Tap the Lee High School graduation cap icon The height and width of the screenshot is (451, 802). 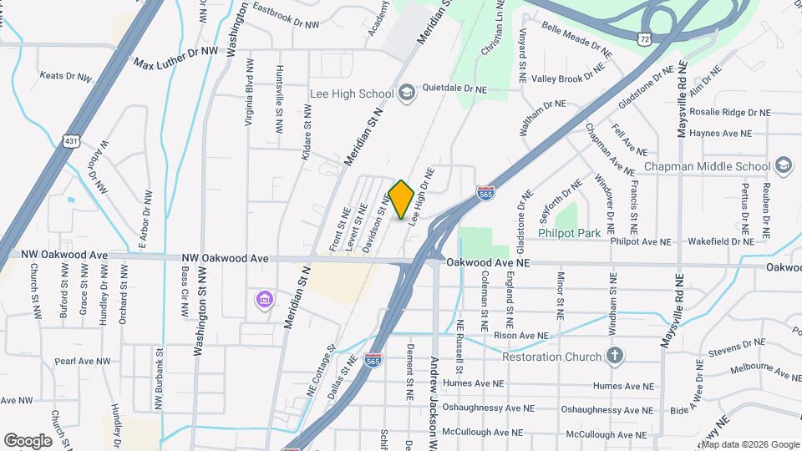point(407,92)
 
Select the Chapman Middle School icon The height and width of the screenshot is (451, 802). point(783,165)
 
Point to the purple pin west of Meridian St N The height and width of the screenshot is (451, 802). point(264,299)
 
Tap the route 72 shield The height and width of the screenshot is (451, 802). point(642,39)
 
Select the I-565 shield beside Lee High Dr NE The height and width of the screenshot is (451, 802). point(485,194)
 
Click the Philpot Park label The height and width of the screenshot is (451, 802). point(570,233)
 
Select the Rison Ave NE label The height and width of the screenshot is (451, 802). point(520,336)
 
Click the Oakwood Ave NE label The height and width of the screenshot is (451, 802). point(489,262)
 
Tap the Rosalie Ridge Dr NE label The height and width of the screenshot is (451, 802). point(731,112)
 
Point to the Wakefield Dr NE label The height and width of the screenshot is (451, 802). point(721,241)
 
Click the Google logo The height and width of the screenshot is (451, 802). point(28,440)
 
